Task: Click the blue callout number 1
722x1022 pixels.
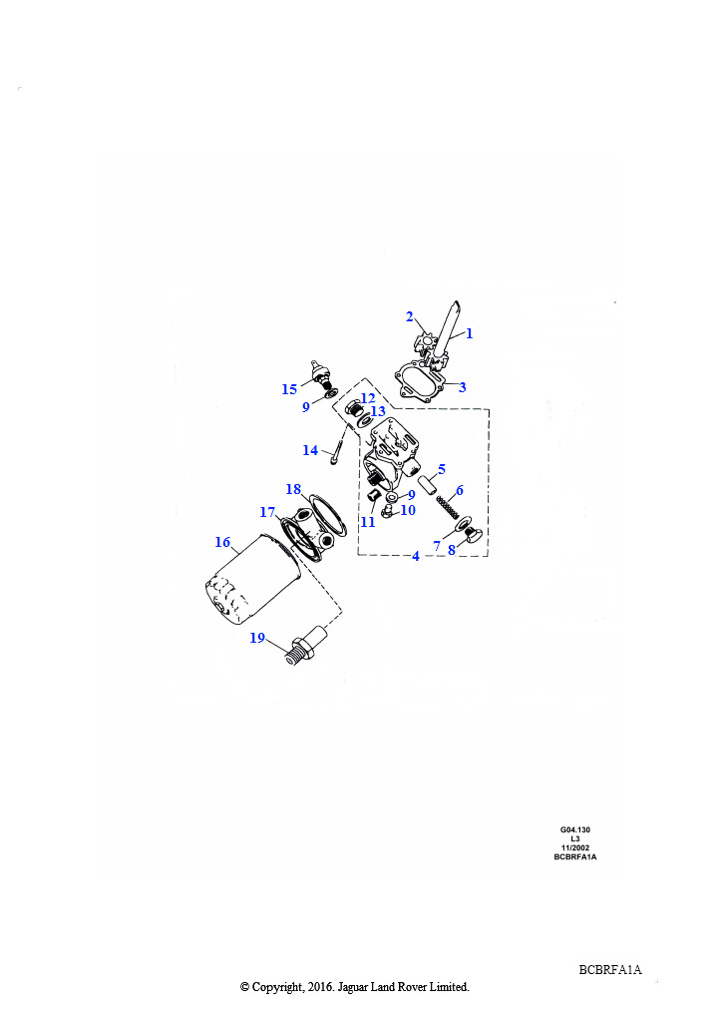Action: tap(469, 333)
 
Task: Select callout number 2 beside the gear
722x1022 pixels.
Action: tap(410, 316)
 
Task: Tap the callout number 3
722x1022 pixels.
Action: tap(463, 387)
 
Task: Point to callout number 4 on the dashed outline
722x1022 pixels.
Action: tap(416, 557)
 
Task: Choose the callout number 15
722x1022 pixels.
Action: tap(289, 390)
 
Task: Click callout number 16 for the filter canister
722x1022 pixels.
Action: tap(222, 542)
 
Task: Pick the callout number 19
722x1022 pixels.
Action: tap(257, 638)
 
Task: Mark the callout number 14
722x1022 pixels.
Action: tap(310, 450)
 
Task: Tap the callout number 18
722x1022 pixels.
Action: tap(293, 489)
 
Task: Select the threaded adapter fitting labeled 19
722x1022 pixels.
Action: tap(305, 646)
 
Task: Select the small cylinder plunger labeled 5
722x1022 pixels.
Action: tap(429, 487)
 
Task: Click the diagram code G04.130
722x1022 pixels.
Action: tap(575, 829)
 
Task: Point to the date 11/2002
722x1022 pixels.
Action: tap(575, 848)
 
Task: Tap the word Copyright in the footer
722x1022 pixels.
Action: tap(276, 987)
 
